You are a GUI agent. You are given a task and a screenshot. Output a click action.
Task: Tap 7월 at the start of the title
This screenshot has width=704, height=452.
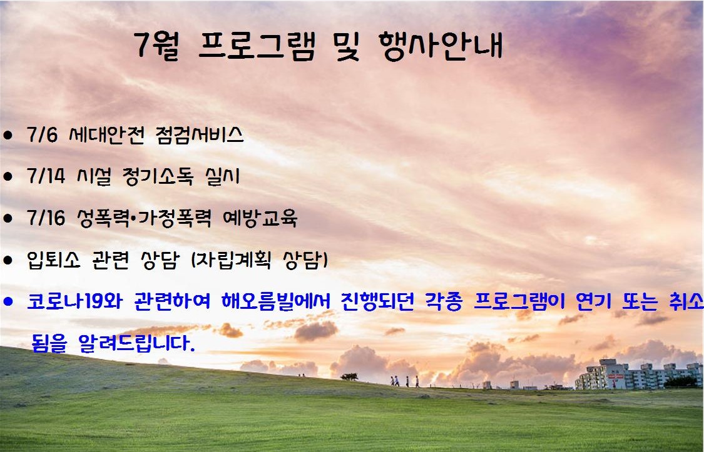pos(157,45)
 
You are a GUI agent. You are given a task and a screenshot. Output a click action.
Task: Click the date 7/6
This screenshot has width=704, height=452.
pos(42,134)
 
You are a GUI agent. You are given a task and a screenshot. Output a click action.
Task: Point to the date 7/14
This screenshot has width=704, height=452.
pos(46,176)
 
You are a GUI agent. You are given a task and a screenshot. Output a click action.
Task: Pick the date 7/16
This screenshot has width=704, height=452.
pos(46,218)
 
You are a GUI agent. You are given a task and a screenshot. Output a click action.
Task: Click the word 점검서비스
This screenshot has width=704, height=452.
pos(200,134)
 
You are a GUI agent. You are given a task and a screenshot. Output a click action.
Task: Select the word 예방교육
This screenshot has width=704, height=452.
pos(260,218)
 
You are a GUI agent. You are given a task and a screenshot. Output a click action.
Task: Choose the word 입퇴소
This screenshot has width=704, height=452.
pos(54,259)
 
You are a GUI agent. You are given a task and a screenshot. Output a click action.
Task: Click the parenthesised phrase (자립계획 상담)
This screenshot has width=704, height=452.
pos(260,259)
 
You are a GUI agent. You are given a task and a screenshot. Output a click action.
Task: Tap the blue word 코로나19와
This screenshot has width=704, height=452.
pos(74,301)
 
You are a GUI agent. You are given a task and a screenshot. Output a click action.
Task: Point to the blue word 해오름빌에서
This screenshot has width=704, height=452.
pos(276,301)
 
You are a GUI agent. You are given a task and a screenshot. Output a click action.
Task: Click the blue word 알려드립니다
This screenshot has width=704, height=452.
pos(136,343)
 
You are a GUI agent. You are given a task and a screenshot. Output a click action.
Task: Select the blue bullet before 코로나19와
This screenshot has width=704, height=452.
pos(8,301)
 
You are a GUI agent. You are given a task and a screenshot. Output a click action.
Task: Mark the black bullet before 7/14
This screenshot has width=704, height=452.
pos(8,176)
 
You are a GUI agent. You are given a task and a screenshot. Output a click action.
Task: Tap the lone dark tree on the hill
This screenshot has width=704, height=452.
pos(349,376)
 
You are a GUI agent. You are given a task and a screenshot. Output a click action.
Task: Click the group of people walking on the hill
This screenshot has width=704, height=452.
pos(404,381)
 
